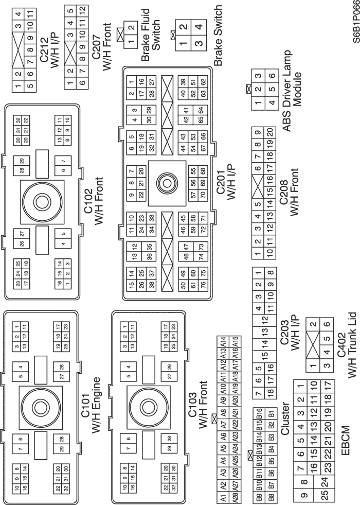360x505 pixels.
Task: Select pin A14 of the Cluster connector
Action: (x=223, y=344)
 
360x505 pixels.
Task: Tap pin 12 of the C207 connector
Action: (x=81, y=10)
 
